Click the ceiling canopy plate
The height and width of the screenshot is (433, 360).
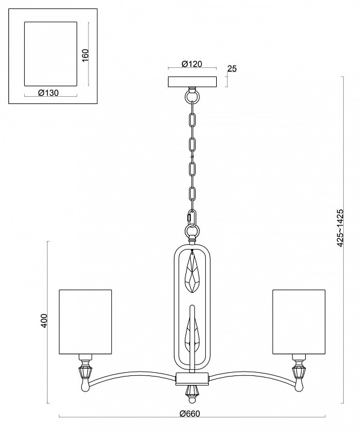pos(192,81)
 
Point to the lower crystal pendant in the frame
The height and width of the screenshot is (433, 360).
pos(191,334)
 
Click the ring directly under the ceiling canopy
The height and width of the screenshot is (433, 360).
pos(192,94)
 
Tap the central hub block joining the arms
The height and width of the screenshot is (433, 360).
pos(191,379)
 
